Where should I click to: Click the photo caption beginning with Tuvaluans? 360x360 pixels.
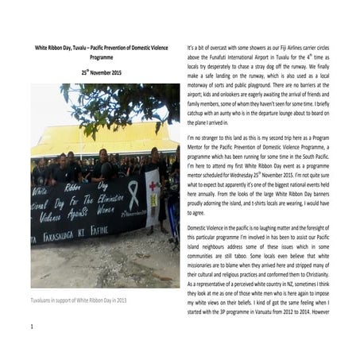tap(76, 302)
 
